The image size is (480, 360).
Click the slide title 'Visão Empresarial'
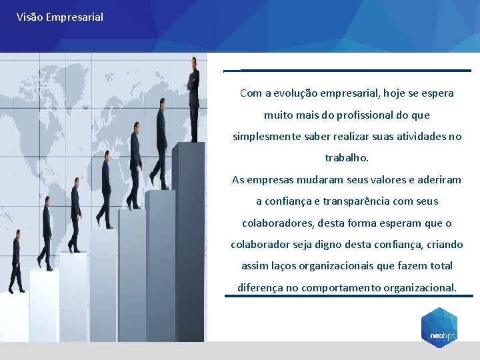(x=60, y=17)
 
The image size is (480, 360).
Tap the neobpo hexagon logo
(x=439, y=327)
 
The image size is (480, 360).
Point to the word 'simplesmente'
(x=263, y=136)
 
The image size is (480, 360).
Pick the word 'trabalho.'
(x=347, y=158)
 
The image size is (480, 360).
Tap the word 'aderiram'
(x=438, y=179)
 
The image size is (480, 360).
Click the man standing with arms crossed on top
(x=194, y=97)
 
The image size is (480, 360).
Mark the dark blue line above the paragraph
(x=355, y=70)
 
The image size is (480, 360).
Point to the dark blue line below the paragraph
(x=348, y=297)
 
